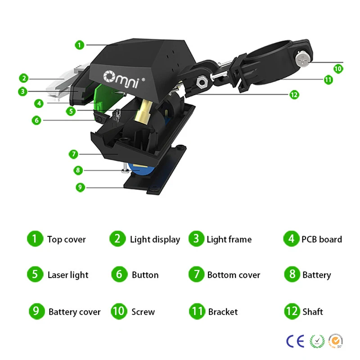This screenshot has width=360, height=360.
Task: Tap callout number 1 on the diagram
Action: click(79, 45)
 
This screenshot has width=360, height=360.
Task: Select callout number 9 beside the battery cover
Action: click(80, 187)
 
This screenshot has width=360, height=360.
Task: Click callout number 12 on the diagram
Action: click(294, 94)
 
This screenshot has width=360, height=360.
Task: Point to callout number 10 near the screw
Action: click(338, 69)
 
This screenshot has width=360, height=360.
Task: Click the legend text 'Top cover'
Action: click(66, 239)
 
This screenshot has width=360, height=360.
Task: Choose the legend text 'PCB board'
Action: click(321, 239)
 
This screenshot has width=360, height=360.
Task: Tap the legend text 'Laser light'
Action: click(68, 275)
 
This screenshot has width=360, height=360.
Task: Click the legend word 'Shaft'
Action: click(312, 311)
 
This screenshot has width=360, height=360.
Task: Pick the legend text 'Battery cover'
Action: click(74, 312)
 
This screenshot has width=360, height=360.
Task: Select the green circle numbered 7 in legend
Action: click(196, 274)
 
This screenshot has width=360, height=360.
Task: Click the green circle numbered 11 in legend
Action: click(197, 311)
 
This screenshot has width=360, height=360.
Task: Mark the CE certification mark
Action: click(295, 341)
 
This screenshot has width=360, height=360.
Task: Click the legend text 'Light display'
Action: click(155, 239)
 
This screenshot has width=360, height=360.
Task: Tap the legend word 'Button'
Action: click(145, 275)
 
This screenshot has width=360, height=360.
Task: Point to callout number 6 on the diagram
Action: click(36, 121)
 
